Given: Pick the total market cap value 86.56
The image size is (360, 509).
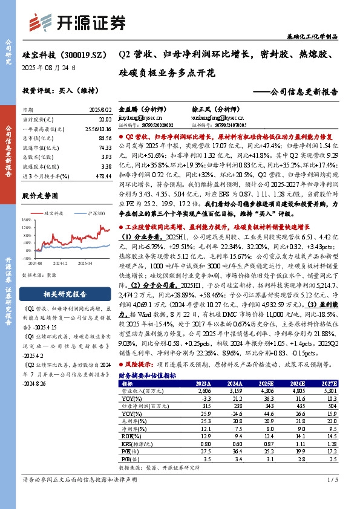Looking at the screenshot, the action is click(x=103, y=138).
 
